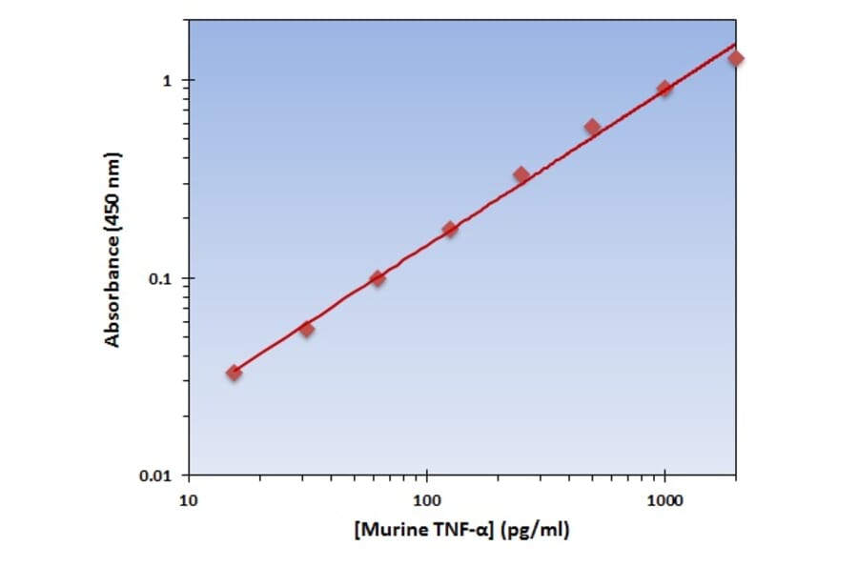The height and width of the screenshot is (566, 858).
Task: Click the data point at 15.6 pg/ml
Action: tap(234, 373)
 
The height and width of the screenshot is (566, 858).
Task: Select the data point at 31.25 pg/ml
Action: tap(306, 329)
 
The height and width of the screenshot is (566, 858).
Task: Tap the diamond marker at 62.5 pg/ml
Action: tap(378, 278)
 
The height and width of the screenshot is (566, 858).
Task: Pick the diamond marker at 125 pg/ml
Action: tap(450, 230)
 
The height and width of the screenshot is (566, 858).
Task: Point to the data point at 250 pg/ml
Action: tap(521, 174)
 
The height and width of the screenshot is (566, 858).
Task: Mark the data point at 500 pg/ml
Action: tap(592, 127)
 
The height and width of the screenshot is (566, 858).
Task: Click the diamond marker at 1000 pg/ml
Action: tap(664, 89)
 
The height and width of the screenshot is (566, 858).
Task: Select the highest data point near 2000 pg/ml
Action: tap(736, 58)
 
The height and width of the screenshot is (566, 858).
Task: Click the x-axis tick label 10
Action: tap(188, 499)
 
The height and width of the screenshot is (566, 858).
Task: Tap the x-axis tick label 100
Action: tap(426, 499)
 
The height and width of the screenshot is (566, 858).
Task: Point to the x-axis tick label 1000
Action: tap(664, 499)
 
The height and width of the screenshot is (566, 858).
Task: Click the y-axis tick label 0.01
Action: tap(156, 475)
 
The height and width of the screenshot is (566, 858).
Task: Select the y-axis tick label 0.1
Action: tap(162, 278)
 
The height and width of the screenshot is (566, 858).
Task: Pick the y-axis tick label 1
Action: tap(171, 81)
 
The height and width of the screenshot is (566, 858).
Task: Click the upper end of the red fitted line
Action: tap(735, 44)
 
